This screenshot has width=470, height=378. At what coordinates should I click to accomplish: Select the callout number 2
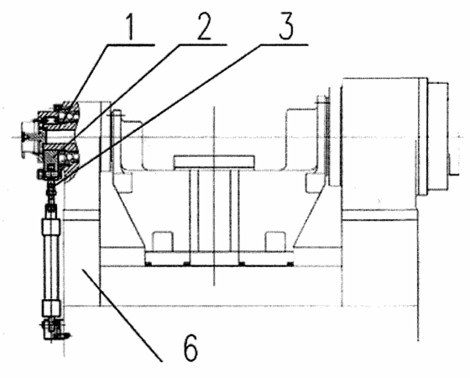203,25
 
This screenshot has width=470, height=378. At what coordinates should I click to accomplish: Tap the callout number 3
285,25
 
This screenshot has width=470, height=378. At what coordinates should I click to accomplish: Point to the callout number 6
191,348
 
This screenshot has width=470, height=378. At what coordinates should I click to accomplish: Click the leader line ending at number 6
123,315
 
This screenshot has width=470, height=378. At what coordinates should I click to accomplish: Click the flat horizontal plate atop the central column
214,161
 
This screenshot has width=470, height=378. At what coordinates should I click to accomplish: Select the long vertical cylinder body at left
51,268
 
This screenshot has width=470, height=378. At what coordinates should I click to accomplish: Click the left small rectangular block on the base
163,241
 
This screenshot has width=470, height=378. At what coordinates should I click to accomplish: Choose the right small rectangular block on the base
275,241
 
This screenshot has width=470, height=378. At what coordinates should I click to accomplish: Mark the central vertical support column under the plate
214,210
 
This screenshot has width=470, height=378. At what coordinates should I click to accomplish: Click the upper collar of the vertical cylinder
51,226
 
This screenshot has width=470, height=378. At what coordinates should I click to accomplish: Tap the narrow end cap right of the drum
438,138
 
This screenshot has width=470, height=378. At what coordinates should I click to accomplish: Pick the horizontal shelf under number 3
284,45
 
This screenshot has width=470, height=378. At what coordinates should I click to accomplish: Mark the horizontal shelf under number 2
202,45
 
